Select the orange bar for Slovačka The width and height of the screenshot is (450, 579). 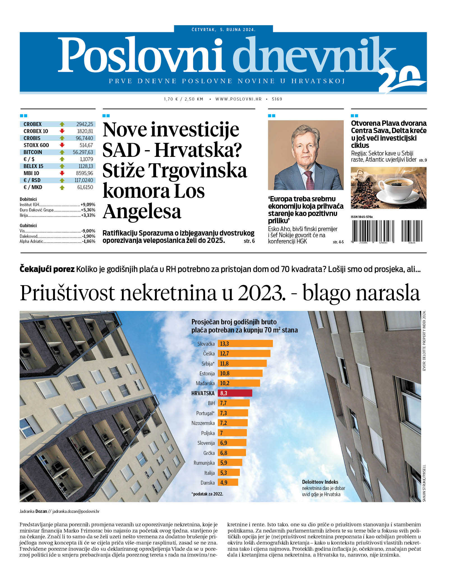(245, 343)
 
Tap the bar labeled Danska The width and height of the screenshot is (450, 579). (228, 482)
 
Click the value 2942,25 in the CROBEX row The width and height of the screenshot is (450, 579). (85, 124)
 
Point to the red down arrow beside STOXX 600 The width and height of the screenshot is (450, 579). (62, 145)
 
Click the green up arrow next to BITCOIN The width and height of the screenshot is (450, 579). (62, 152)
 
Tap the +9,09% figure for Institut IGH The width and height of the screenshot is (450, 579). (88, 204)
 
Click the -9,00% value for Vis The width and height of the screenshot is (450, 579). (88, 231)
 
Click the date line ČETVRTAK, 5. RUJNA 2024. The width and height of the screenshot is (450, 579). (223, 29)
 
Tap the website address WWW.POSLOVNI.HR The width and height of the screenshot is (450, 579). (238, 99)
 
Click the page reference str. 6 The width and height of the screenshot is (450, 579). (249, 241)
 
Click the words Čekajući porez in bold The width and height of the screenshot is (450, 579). (47, 269)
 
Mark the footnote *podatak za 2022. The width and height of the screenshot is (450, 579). (207, 494)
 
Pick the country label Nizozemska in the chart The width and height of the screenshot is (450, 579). (203, 423)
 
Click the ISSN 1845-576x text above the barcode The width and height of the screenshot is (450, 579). (361, 217)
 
